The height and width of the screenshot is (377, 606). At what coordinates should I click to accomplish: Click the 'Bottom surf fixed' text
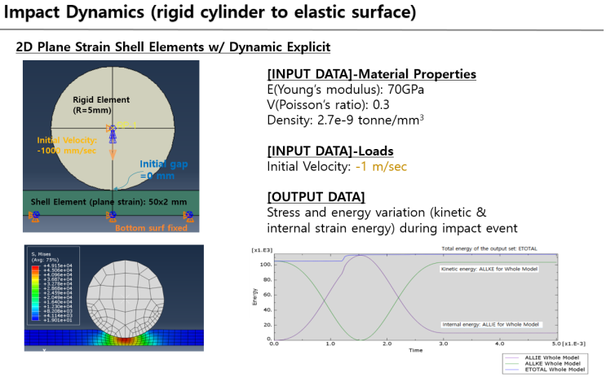click(x=152, y=228)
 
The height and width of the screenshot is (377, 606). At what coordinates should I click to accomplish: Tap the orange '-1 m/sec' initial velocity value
click(x=382, y=166)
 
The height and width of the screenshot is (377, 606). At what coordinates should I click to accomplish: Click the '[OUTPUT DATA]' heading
click(x=316, y=197)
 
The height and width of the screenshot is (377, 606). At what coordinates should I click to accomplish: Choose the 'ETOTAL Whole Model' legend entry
click(x=555, y=369)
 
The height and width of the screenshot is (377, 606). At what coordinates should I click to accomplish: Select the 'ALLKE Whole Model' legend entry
click(x=555, y=362)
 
